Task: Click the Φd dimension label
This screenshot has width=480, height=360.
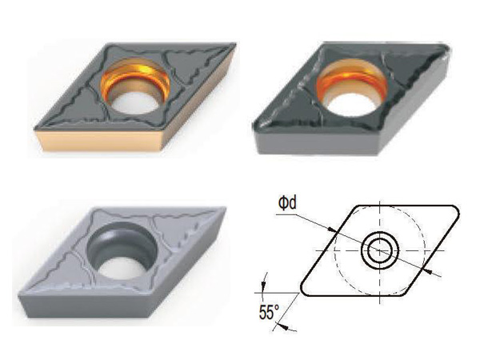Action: pyautogui.click(x=287, y=203)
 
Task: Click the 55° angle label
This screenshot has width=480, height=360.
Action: pyautogui.click(x=270, y=313)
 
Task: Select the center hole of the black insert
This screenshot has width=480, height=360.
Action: pyautogui.click(x=351, y=89)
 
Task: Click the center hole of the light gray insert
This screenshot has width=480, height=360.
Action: pyautogui.click(x=122, y=250)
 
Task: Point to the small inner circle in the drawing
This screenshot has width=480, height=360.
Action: pyautogui.click(x=380, y=250)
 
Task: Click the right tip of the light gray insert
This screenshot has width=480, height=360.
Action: pyautogui.click(x=225, y=209)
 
